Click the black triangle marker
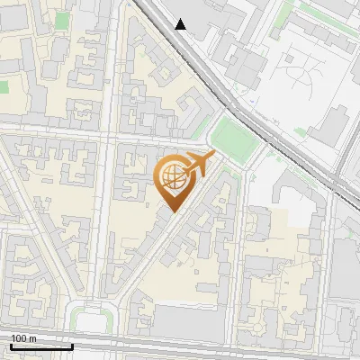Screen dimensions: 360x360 point(181,24)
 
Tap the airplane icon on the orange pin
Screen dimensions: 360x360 point(197,165)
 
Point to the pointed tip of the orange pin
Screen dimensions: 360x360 point(171,211)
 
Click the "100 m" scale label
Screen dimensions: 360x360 point(22,337)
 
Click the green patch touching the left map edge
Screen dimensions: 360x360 point(4,87)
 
